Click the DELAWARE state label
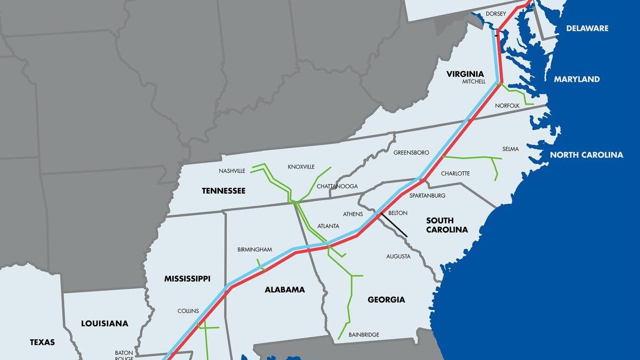pos(587,28)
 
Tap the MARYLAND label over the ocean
pos(577,79)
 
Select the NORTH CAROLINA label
pos(586,155)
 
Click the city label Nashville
pos(232,171)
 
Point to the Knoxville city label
pos(301,166)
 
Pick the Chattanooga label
pos(337,186)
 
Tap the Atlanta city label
pos(328,226)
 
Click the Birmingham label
pos(254,250)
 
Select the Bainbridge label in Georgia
pos(364,334)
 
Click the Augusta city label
pos(398,257)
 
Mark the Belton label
pos(398,213)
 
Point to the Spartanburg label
pos(427,196)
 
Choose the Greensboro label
pos(411,153)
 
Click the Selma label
pos(510,149)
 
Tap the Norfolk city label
pos(507,106)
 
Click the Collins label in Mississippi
pos(188,311)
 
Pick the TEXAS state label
pos(42,342)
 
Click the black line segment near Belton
pos(395,227)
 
